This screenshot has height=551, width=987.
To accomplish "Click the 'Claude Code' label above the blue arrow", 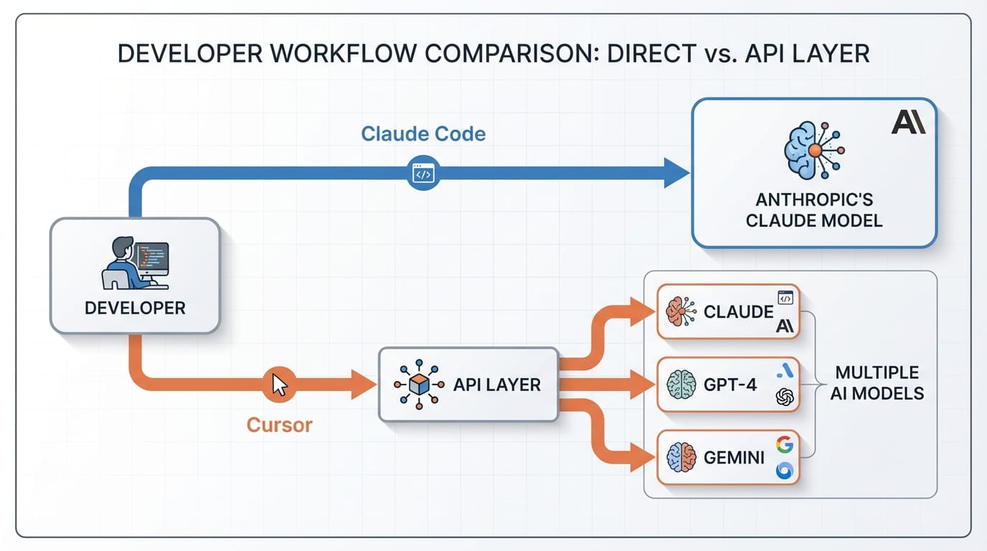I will click(x=423, y=133).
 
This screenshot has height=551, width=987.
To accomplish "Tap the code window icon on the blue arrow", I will click(x=423, y=174).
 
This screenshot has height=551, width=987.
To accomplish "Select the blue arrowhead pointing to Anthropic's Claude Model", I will click(x=676, y=174).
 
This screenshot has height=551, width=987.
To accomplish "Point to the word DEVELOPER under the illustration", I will click(x=135, y=309).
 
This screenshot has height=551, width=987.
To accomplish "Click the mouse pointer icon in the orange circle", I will click(x=280, y=385).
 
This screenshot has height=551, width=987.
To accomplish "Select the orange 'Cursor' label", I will click(x=280, y=425).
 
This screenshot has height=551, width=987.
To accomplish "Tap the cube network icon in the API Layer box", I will click(x=420, y=385).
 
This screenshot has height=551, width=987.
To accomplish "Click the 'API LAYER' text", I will click(x=496, y=385).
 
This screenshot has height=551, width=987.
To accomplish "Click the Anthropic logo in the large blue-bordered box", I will click(x=908, y=122).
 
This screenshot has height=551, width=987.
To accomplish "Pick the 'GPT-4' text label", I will click(x=730, y=385).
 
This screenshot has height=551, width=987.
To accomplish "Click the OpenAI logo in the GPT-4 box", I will click(x=785, y=397).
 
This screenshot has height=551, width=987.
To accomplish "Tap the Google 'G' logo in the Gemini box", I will click(x=785, y=445).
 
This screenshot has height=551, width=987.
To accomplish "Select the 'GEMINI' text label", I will click(x=734, y=458).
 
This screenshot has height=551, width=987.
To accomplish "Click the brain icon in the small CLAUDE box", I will click(x=679, y=311).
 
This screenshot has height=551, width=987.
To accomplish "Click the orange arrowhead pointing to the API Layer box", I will click(x=364, y=385).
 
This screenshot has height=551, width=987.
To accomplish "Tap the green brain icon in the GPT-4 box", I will click(x=680, y=385).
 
